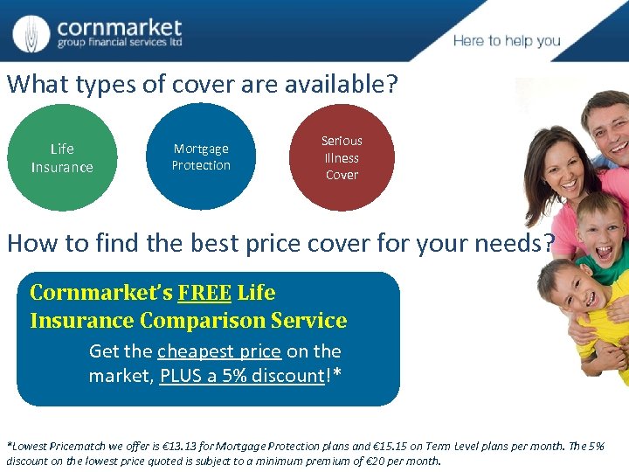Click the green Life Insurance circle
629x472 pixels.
[x=61, y=158]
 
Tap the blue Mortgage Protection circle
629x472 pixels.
[x=201, y=157]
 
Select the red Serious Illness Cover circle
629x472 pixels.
[x=342, y=157]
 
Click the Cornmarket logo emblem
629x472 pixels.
[x=31, y=33]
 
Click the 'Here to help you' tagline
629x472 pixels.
[x=507, y=41]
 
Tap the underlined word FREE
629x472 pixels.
[x=204, y=293]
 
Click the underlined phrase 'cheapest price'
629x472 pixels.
[x=219, y=351]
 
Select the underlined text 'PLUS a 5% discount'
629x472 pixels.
[x=242, y=376]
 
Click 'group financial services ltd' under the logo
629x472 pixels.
[x=120, y=43]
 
